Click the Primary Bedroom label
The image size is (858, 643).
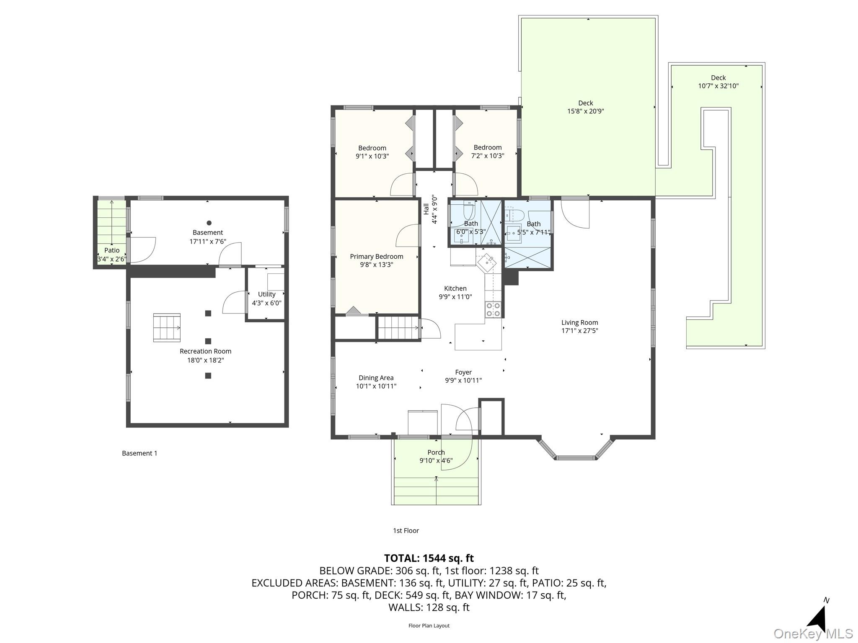(x=376, y=257)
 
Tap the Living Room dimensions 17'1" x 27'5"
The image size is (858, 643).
(x=579, y=331)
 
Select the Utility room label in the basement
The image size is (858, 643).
(x=266, y=294)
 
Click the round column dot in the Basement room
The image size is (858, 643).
(x=209, y=223)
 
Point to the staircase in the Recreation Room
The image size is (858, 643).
(x=167, y=328)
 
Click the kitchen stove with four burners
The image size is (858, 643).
(x=493, y=309)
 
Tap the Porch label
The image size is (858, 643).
(x=436, y=453)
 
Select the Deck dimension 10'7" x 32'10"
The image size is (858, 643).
(x=718, y=86)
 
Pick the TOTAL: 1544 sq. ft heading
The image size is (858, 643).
(x=429, y=558)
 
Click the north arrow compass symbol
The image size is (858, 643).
(x=818, y=619)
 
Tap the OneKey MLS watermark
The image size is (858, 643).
(x=813, y=634)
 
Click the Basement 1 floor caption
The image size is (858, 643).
(x=140, y=453)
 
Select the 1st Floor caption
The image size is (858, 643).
(x=406, y=531)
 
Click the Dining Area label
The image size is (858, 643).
(x=376, y=378)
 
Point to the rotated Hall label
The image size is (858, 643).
(x=426, y=209)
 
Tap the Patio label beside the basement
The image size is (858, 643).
(x=112, y=250)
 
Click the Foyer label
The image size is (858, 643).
(x=463, y=372)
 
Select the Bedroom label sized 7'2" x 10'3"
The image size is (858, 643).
(x=488, y=148)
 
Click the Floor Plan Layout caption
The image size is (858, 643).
(x=429, y=626)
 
